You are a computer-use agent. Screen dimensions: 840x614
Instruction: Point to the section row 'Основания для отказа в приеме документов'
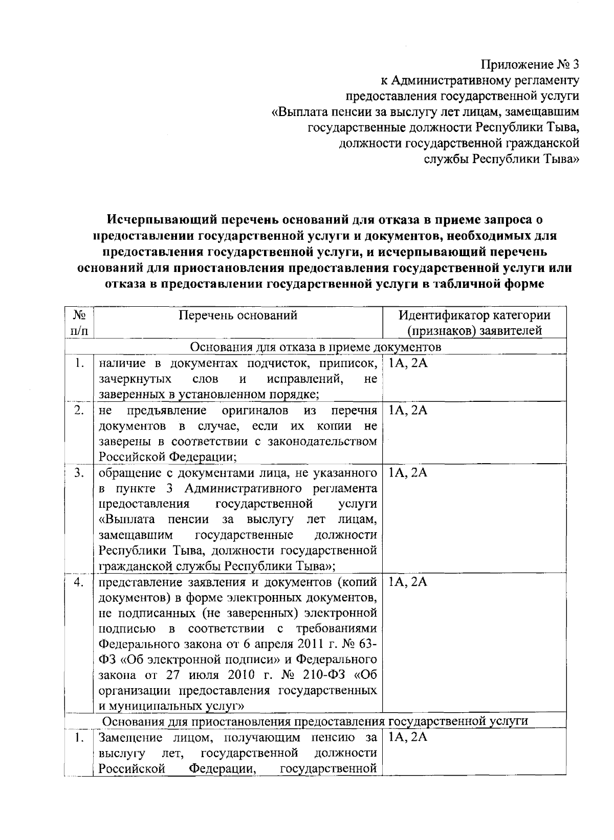(x=316, y=347)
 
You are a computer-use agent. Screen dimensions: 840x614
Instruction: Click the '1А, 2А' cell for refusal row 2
(x=408, y=411)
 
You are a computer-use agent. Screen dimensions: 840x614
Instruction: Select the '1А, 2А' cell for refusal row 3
(x=408, y=473)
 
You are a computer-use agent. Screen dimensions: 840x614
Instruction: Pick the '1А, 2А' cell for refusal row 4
(x=408, y=582)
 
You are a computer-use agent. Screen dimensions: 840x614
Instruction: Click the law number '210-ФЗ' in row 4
(x=319, y=675)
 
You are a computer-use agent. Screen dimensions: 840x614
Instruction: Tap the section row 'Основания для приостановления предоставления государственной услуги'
(x=316, y=721)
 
